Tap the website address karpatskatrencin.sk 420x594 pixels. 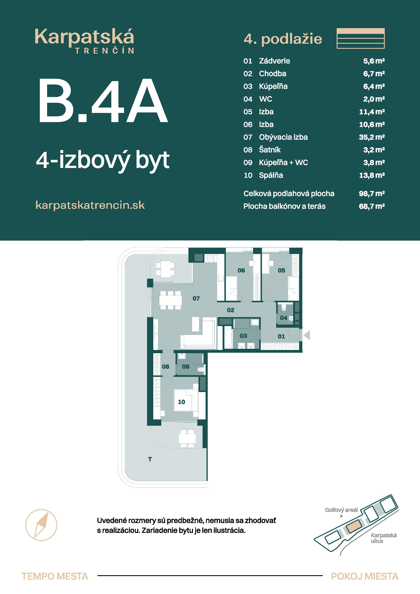[90, 205]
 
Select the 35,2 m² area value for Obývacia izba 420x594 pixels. [372, 137]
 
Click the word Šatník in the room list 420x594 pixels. [270, 150]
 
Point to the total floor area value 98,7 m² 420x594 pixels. [372, 194]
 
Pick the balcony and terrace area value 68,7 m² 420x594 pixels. [372, 206]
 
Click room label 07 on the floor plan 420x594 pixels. [196, 299]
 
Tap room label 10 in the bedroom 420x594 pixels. [181, 402]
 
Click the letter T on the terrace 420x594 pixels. [150, 459]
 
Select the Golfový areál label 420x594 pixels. [341, 510]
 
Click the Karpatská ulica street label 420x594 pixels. [384, 538]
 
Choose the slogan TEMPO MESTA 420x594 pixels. [55, 576]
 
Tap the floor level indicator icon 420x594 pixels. [361, 38]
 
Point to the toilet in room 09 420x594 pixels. [200, 370]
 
